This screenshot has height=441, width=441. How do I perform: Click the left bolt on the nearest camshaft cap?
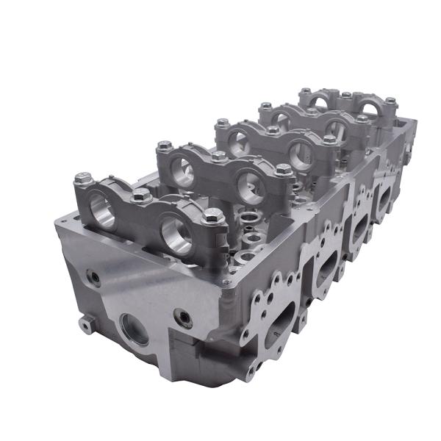tap(83, 178)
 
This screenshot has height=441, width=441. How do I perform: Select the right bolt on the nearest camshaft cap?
tap(213, 216)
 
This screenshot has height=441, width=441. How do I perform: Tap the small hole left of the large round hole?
tap(93, 278)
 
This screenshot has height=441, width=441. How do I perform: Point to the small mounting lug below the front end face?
tap(86, 323)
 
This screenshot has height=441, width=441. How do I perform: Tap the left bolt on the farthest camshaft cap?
tap(304, 92)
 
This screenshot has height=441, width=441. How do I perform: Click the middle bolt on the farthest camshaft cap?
tap(345, 95)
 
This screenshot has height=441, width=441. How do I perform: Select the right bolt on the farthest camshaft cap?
tap(390, 101)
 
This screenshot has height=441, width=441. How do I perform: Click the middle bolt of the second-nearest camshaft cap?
tap(219, 157)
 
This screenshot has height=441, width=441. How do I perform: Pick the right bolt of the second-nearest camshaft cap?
tap(284, 169)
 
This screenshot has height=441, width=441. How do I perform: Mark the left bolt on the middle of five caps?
tap(222, 123)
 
